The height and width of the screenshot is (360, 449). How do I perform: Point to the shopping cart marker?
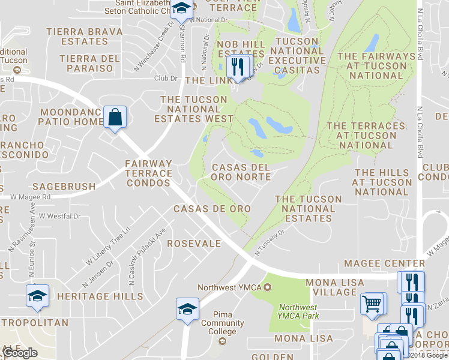[x=372, y=304]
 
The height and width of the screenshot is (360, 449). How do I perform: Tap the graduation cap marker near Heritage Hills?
[x=37, y=296]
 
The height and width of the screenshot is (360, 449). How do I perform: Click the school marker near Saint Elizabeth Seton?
[x=181, y=10]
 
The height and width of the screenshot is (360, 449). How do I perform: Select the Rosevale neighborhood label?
[x=194, y=244]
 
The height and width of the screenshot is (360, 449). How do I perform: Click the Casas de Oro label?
[x=212, y=208]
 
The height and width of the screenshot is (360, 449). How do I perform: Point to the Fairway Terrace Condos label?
[x=148, y=169]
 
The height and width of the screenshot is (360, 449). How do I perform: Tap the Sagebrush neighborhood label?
[x=64, y=187]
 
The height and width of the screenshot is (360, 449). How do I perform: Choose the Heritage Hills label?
[x=100, y=296]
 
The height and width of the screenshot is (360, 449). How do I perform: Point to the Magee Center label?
[x=384, y=263]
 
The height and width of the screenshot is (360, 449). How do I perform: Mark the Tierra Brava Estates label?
[x=84, y=36]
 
